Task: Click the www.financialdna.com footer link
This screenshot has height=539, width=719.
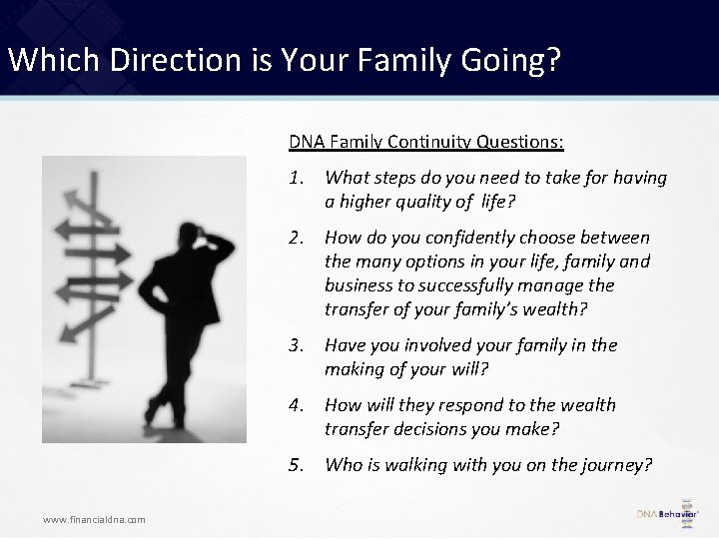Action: [94, 519]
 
